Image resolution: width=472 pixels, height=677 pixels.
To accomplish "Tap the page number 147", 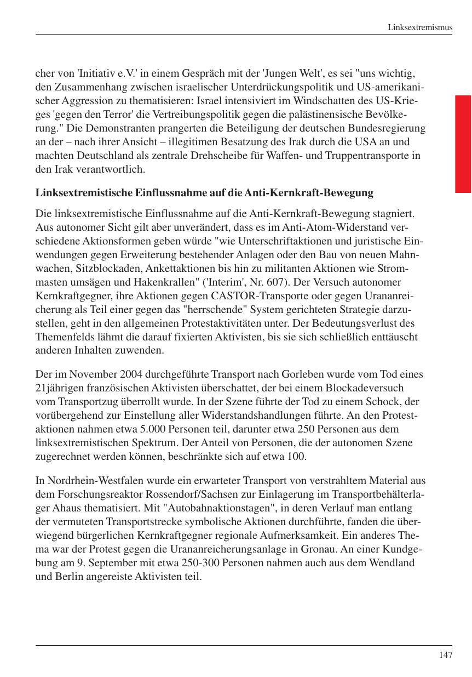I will coord(445,655).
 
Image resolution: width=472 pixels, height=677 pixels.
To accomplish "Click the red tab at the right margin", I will coord(463,144).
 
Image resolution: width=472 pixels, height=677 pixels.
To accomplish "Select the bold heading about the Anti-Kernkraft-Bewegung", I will coord(204,193).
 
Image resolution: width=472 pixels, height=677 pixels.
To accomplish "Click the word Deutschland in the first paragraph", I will coord(95,156).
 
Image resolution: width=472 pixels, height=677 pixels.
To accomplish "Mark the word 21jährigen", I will coord(59,389).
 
